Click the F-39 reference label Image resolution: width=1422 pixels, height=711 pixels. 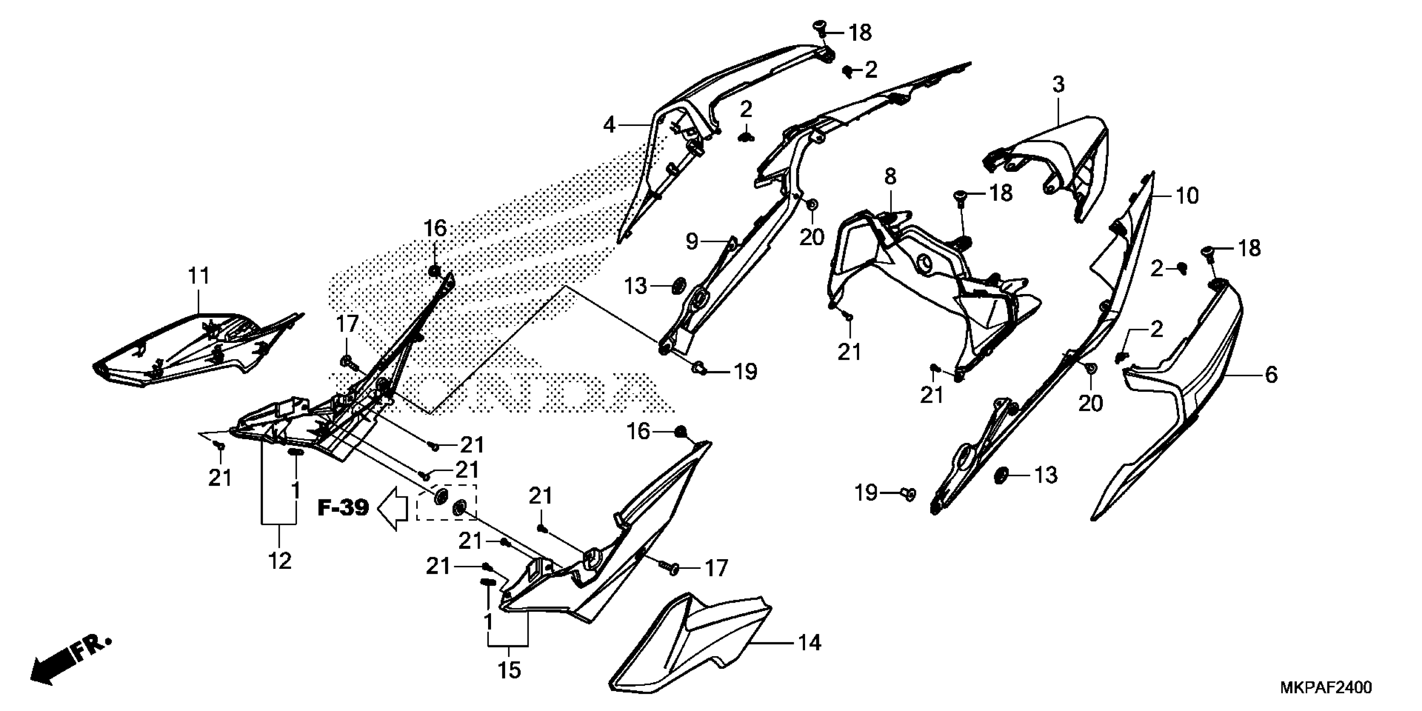(343, 507)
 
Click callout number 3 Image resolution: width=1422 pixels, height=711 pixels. (1058, 85)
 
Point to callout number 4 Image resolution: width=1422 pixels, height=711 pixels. (609, 125)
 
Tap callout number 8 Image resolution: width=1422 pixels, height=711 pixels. (890, 176)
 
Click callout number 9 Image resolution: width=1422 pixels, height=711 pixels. (692, 241)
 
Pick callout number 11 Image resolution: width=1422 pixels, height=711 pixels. (199, 276)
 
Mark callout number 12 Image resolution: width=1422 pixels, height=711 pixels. (279, 561)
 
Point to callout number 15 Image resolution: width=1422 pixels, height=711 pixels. (509, 670)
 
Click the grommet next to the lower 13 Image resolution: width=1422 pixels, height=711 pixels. (1000, 475)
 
